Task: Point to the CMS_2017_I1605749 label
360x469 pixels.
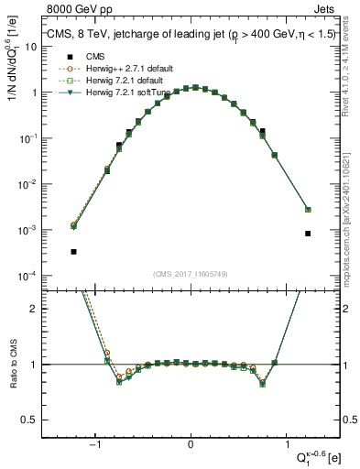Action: (191, 274)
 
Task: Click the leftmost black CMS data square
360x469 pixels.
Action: (73, 251)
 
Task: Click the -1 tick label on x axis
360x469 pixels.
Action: (95, 445)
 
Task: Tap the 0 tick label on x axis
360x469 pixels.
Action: (191, 445)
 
